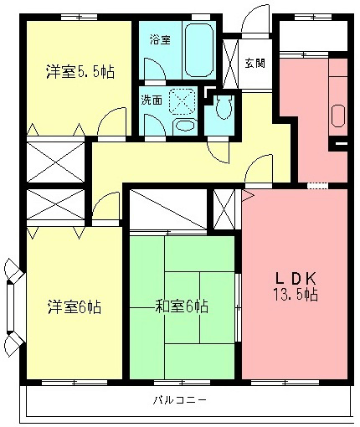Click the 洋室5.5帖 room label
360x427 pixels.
tap(80, 73)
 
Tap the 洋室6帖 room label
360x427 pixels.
tap(74, 306)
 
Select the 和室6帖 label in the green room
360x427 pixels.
tap(181, 306)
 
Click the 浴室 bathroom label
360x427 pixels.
tap(159, 39)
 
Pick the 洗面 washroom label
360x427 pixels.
tap(152, 100)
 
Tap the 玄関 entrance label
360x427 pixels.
tap(255, 63)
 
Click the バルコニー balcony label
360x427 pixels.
tap(180, 399)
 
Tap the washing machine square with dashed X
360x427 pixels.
tap(180, 101)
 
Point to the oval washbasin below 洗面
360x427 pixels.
tap(184, 126)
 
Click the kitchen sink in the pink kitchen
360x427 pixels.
tap(339, 114)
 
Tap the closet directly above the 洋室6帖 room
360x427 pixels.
tap(56, 206)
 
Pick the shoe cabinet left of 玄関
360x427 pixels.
tap(233, 59)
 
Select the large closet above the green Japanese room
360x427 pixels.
tap(167, 208)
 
